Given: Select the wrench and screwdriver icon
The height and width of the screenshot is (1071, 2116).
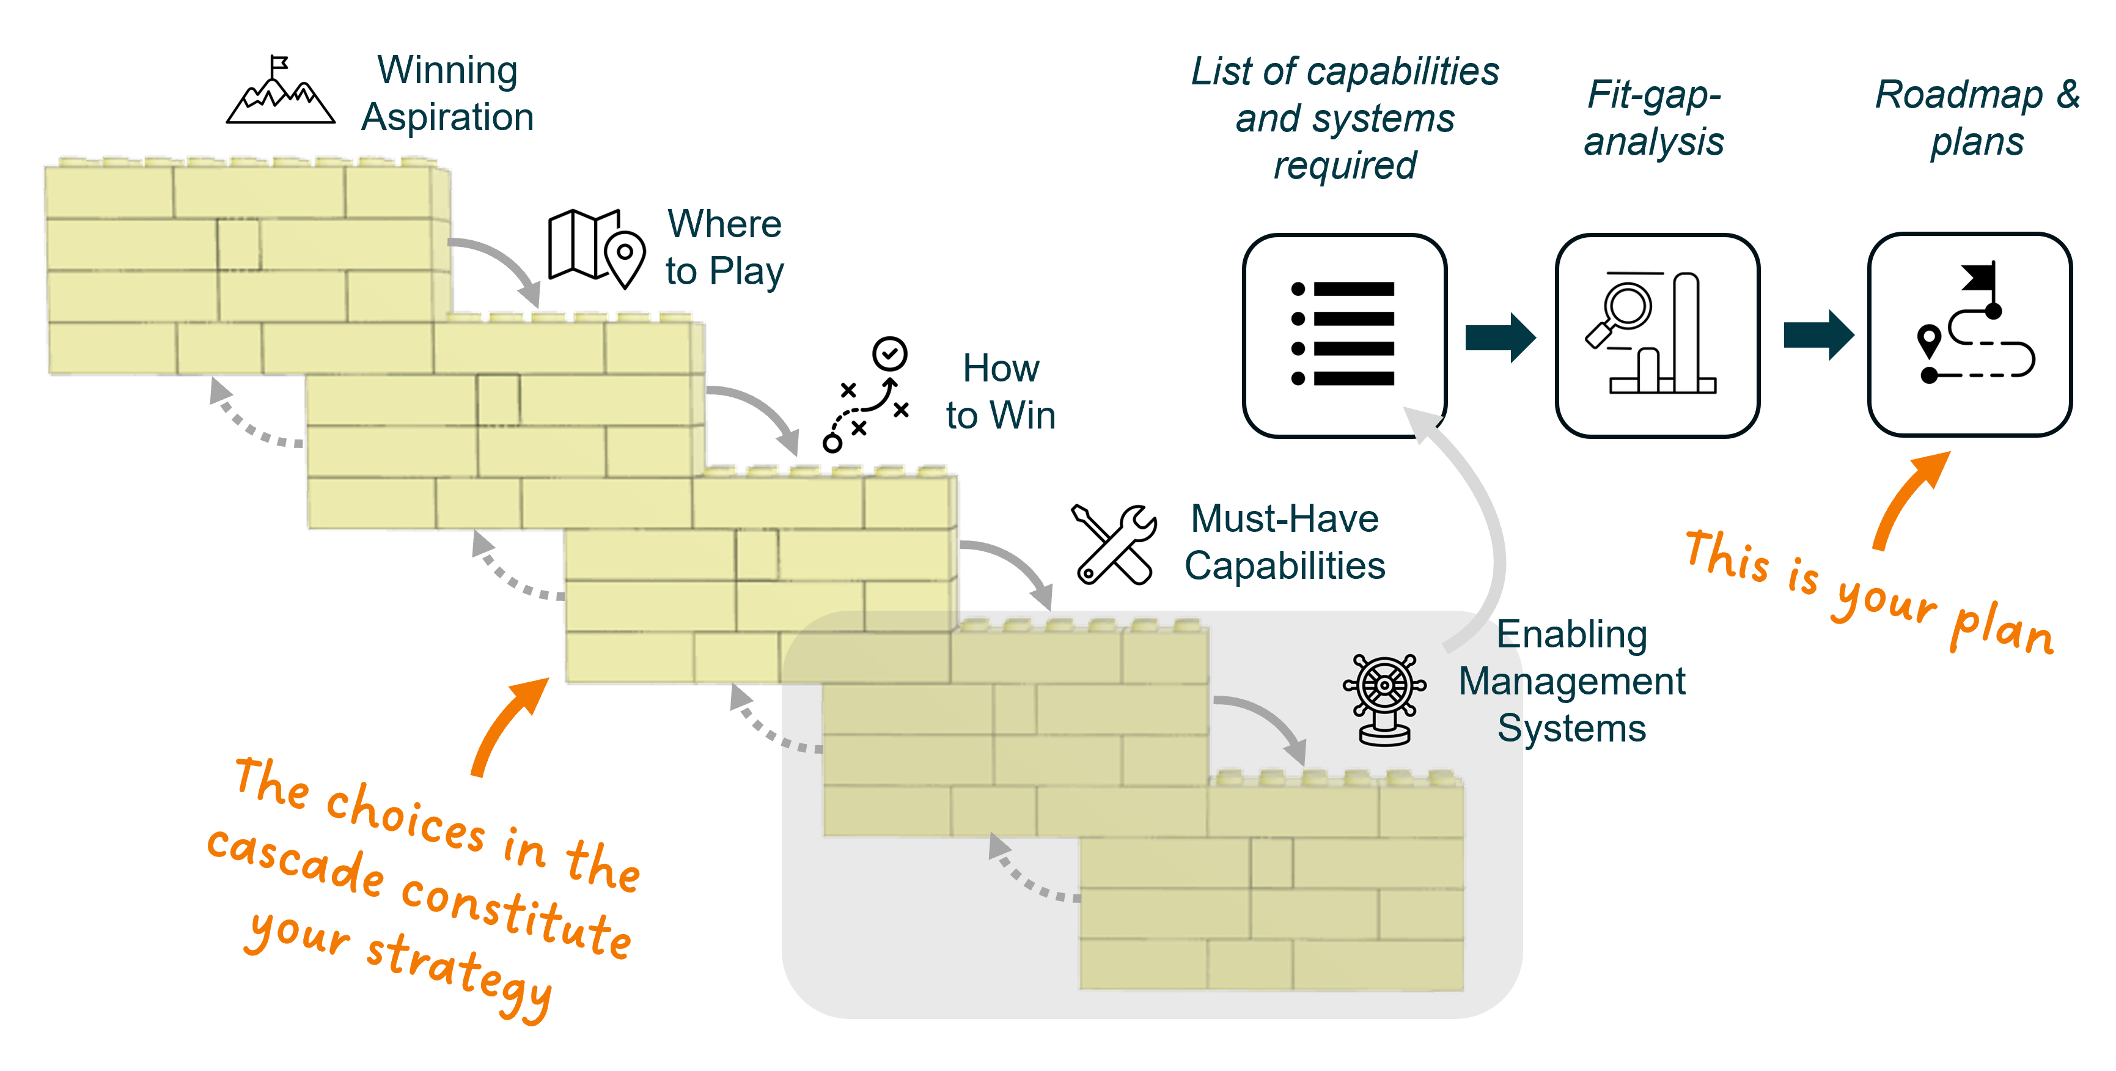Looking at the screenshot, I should coord(1113,543).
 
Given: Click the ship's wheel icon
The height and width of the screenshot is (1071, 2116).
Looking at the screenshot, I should coord(1385,699).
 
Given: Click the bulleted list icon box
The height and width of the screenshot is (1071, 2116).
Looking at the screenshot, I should coord(1345,335).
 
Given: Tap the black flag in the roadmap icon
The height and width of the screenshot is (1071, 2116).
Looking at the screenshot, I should coord(1980,278).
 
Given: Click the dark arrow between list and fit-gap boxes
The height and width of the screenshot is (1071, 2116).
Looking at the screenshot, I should coord(1500,337).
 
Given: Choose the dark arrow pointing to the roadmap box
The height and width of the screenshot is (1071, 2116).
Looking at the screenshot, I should coord(1818,335).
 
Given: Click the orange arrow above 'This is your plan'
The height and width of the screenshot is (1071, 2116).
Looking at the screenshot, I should coord(1910,497).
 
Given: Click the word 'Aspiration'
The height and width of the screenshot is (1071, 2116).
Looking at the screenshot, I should coord(447,117).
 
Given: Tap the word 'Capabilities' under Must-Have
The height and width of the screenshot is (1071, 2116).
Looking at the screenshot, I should coord(1284,566).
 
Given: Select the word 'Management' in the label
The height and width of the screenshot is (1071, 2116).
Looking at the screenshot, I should coord(1571,682).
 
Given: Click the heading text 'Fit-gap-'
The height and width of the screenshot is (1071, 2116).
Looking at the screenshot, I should coord(1653,95).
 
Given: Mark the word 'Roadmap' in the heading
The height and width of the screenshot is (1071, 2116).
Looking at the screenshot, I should coord(1958,95).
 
